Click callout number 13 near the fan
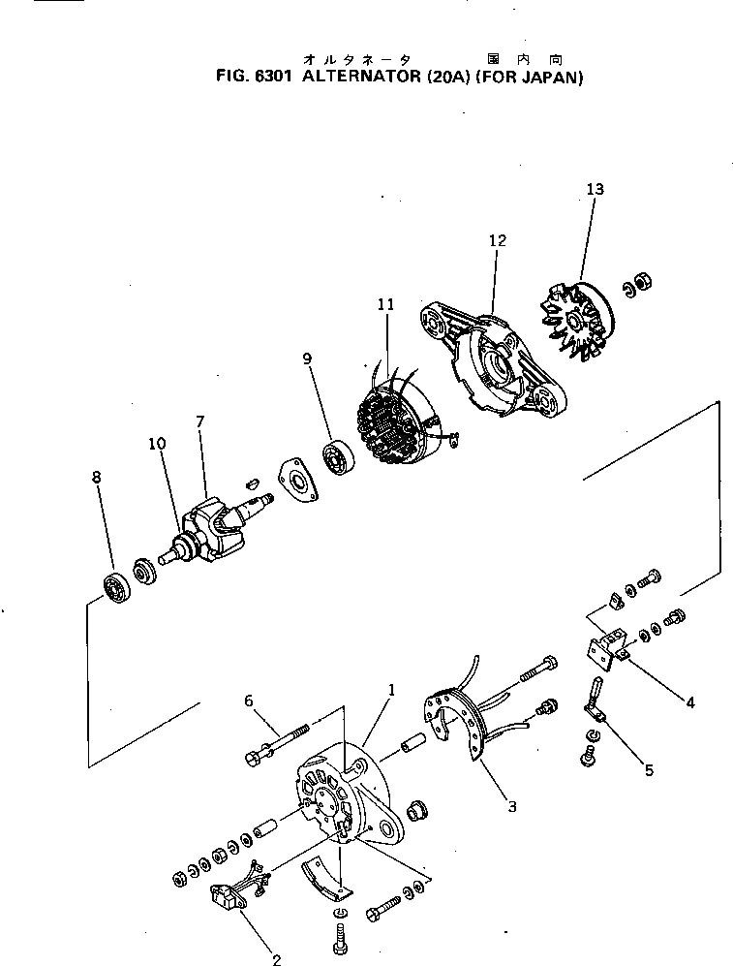595,190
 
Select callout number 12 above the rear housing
497,240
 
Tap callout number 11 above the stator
386,304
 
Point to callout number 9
307,358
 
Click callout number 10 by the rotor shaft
157,444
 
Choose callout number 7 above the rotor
200,421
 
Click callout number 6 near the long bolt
249,701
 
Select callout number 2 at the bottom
276,960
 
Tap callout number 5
649,770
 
